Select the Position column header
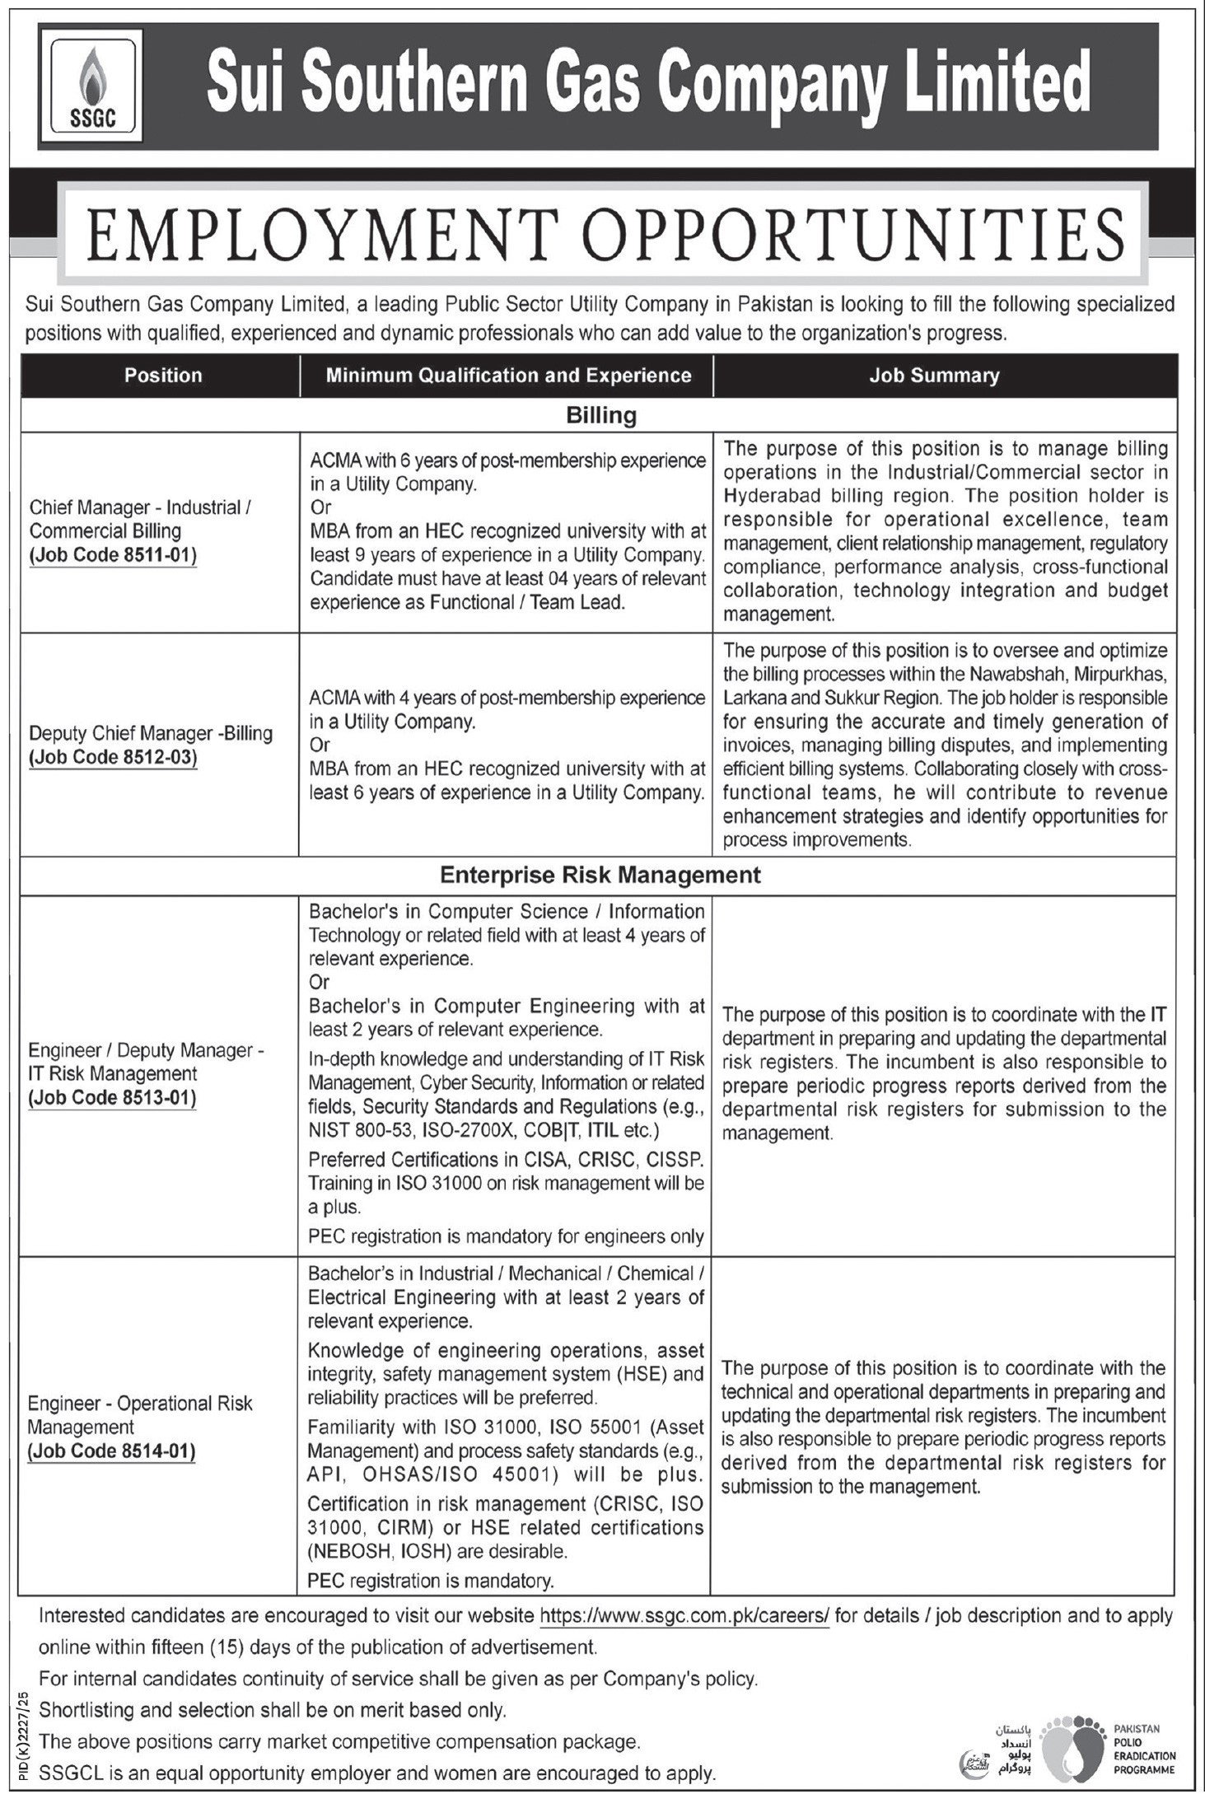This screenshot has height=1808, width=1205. tap(163, 376)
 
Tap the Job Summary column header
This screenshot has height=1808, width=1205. tap(934, 376)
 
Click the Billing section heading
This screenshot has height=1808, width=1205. tap(601, 416)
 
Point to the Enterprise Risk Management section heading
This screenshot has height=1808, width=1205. tap(600, 875)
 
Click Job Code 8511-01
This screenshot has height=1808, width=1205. tap(114, 556)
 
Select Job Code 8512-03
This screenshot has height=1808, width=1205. tap(114, 757)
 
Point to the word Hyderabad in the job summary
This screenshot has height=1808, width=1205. tap(769, 496)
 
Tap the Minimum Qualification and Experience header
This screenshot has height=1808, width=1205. tap(508, 376)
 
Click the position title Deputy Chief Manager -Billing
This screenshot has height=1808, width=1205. tap(151, 733)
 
